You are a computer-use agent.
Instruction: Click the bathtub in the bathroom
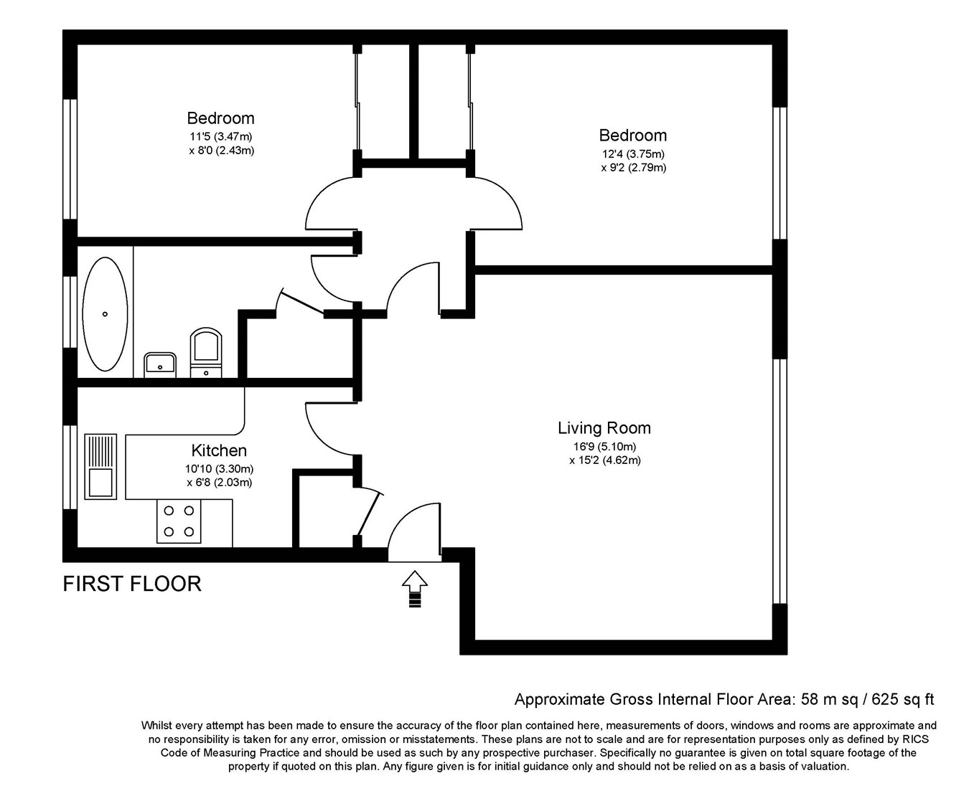[106, 314]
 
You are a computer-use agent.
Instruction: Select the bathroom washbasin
[160, 364]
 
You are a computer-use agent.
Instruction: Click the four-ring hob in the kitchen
[179, 521]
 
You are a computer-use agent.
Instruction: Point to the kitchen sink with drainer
[100, 466]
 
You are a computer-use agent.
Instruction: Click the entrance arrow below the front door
[414, 589]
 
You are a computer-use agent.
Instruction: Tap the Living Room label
[604, 428]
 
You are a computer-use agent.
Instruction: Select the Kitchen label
[219, 450]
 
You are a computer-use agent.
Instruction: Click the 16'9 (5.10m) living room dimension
[604, 446]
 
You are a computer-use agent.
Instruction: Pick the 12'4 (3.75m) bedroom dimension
[633, 153]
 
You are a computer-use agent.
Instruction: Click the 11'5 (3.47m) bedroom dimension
[220, 136]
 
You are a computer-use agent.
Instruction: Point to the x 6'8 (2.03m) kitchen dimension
[219, 483]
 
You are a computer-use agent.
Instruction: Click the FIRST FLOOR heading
[132, 584]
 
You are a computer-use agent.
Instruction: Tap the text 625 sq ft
[903, 699]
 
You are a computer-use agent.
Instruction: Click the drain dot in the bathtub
[106, 314]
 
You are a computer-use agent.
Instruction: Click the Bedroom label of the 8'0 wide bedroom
[220, 118]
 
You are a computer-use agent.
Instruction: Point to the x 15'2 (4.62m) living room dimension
[604, 460]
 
